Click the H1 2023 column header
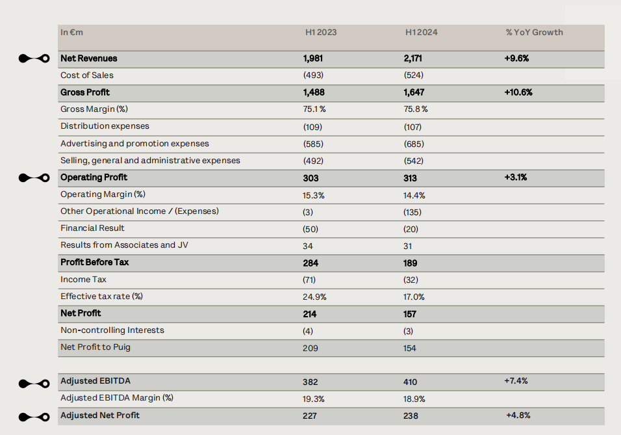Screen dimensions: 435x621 point(321,32)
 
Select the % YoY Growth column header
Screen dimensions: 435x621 point(534,32)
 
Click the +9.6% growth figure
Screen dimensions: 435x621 point(516,59)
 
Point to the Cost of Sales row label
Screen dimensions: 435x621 point(87,75)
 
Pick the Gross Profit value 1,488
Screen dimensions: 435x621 point(314,92)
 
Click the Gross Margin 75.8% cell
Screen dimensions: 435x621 point(416,109)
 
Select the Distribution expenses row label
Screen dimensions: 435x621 point(105,126)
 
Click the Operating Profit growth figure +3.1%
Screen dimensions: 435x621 point(515,178)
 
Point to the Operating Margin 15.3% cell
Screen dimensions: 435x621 point(314,195)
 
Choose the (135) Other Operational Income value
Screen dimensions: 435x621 point(412,212)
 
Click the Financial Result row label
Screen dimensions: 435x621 point(92,228)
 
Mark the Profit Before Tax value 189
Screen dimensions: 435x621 point(411,263)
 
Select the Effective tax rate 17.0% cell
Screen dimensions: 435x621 point(414,297)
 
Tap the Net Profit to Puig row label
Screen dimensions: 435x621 point(95,347)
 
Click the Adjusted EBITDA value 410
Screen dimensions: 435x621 point(411,382)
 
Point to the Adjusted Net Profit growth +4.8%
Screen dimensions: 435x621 point(518,415)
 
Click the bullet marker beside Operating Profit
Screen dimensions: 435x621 point(34,178)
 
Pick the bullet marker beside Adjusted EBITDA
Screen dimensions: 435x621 point(34,383)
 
